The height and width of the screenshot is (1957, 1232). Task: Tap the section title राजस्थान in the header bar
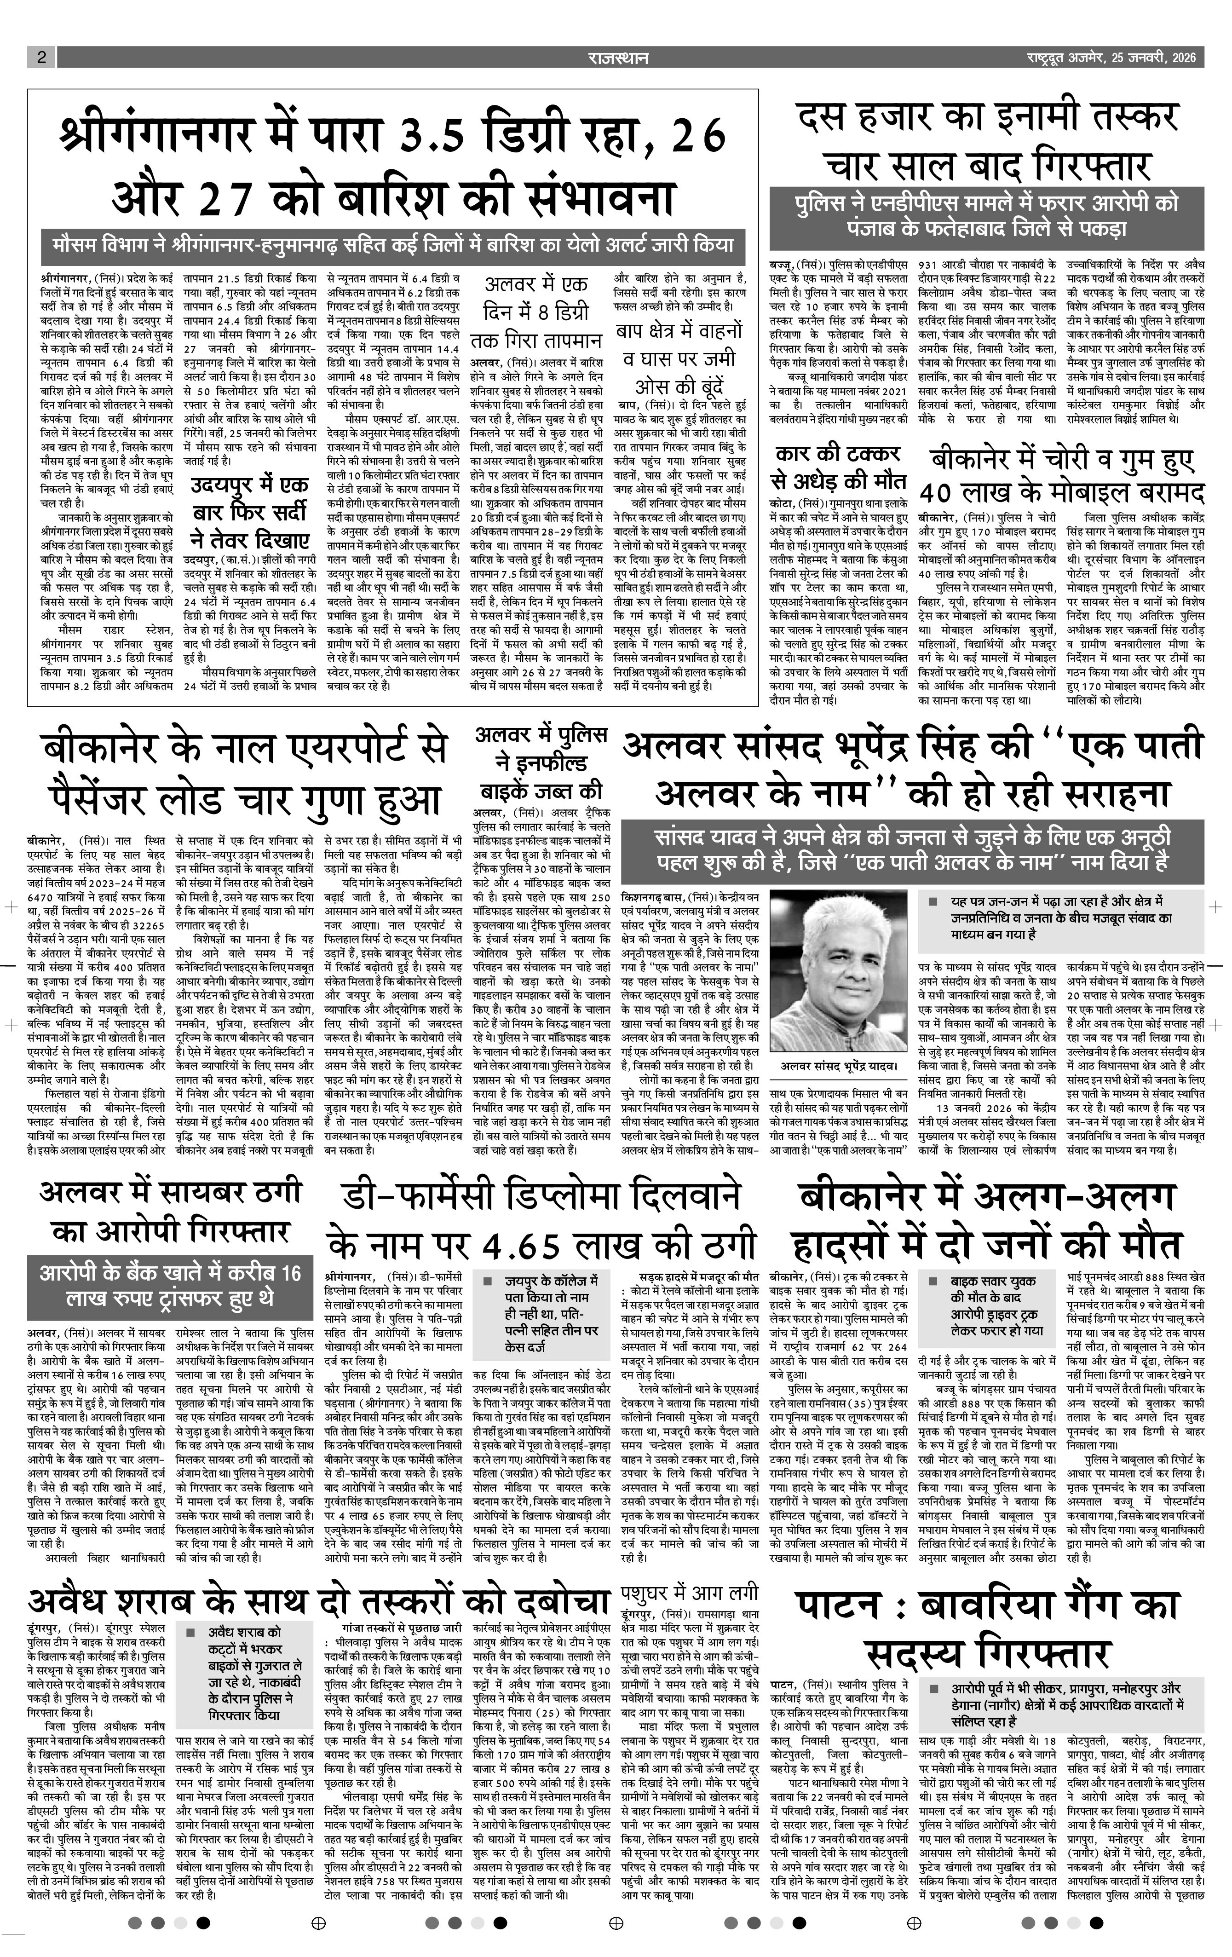point(618,58)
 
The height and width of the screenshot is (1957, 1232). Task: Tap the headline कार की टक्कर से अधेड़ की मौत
point(837,466)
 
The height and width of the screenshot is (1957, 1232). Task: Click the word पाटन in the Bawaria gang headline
point(841,1607)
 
